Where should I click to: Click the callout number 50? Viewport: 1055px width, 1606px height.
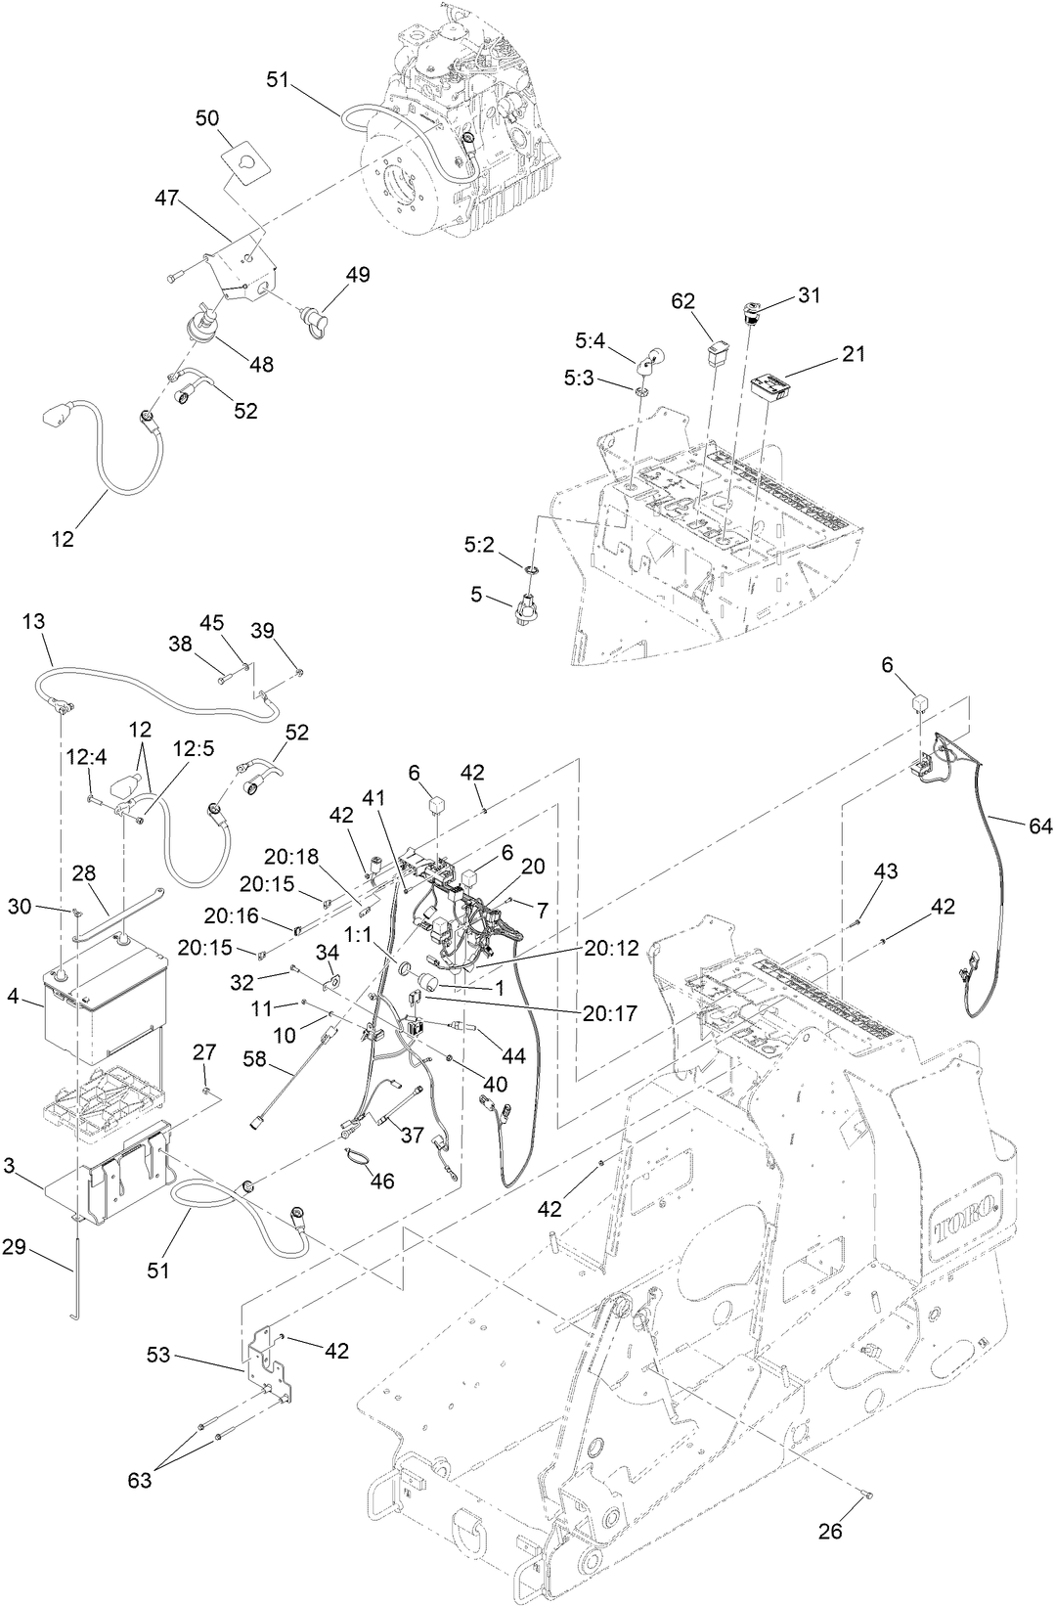click(206, 117)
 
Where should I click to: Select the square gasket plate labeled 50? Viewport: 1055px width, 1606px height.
click(245, 159)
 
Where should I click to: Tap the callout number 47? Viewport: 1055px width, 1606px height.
click(166, 198)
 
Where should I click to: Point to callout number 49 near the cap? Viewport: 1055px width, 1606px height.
click(358, 275)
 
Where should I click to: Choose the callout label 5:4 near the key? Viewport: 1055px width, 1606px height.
click(590, 341)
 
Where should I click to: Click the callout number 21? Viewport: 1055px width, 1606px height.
click(854, 353)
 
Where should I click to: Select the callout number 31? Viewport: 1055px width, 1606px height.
click(810, 294)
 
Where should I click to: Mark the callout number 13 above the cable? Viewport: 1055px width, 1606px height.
click(33, 622)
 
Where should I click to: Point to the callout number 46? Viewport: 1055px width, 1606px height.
click(381, 1182)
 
